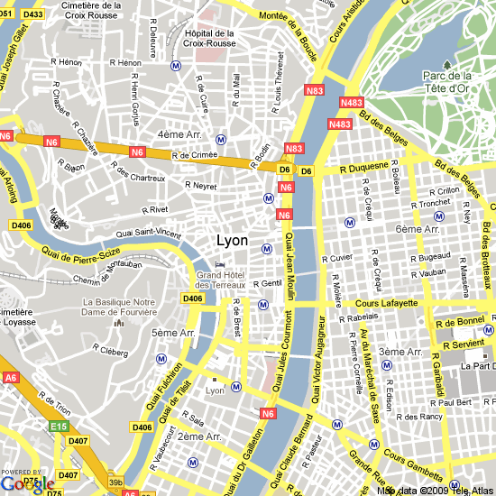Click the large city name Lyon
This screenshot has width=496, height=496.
pyautogui.click(x=233, y=241)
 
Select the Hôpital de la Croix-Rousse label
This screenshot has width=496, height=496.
pyautogui.click(x=209, y=38)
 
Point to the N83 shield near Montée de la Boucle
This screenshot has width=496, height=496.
pyautogui.click(x=316, y=90)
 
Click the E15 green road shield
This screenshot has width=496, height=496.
pyautogui.click(x=60, y=426)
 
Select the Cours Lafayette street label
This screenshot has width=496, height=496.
pyautogui.click(x=387, y=304)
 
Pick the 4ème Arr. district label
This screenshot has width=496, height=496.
pyautogui.click(x=179, y=134)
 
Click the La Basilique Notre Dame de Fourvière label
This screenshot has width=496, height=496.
pyautogui.click(x=119, y=307)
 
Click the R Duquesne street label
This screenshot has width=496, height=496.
pyautogui.click(x=364, y=167)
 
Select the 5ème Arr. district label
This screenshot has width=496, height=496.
pyautogui.click(x=173, y=333)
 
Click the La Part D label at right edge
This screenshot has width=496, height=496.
pyautogui.click(x=478, y=366)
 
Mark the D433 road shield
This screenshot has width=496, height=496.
pyautogui.click(x=33, y=14)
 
